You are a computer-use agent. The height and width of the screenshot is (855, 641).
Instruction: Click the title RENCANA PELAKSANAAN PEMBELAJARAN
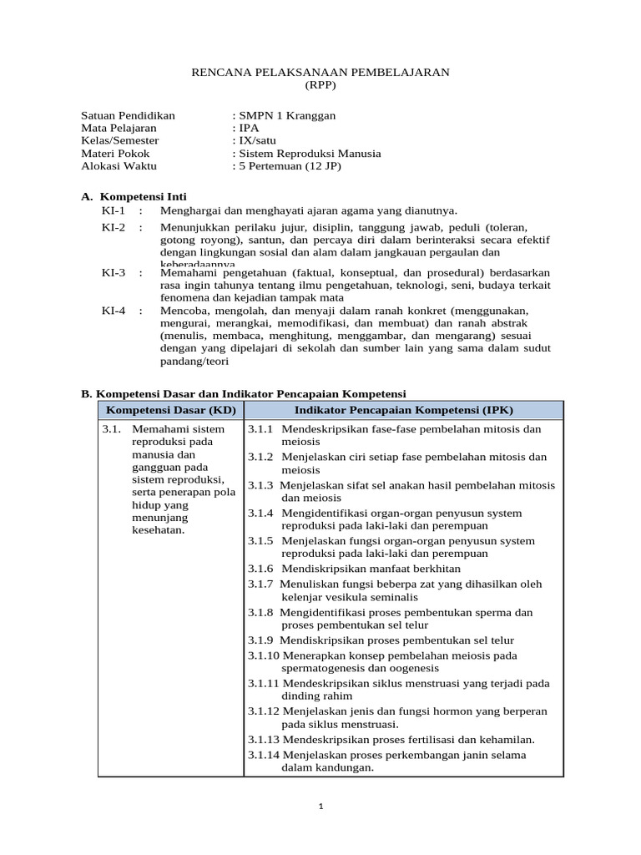pos(321,73)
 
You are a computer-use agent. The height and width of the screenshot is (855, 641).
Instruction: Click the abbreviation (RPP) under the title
pos(321,86)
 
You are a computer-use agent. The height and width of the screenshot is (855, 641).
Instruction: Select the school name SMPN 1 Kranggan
pos(287,115)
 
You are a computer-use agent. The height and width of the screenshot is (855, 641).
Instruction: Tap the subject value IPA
pos(249,128)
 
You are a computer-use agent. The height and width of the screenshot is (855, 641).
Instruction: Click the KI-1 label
pos(113,210)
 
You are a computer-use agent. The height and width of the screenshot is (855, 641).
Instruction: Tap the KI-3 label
pos(113,273)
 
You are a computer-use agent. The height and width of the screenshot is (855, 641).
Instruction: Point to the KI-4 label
pos(113,311)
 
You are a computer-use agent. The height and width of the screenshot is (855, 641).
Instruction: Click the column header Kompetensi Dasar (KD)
pos(170,410)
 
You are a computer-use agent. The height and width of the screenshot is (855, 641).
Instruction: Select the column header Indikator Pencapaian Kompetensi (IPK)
pos(404,410)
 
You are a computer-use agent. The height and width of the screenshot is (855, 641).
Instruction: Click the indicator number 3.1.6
pos(260,567)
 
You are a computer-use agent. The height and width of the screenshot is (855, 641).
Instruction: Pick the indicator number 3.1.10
pos(263,655)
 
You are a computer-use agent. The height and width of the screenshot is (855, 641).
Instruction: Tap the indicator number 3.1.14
pos(263,755)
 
